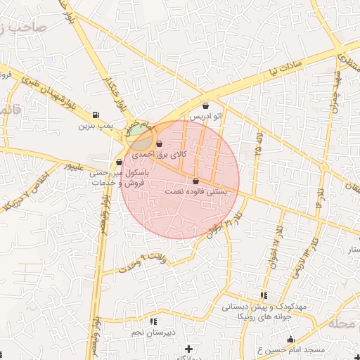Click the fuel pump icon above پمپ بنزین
point(96,115)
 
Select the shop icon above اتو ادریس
point(205,105)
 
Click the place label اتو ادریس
point(205,115)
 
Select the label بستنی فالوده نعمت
point(198,191)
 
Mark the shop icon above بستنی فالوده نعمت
point(205,181)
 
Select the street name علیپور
point(75,167)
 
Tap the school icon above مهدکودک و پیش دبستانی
point(264,296)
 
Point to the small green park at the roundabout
point(134,131)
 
